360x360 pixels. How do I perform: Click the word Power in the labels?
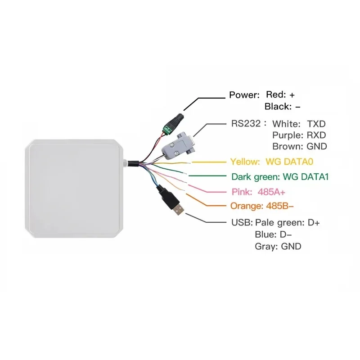[x=244, y=95]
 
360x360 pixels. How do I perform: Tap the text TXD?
[x=316, y=123]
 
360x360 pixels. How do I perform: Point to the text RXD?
[x=316, y=135]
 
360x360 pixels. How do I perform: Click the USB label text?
[x=242, y=223]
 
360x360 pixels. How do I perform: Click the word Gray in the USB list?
[x=265, y=246]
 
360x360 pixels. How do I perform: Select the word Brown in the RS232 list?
[x=287, y=146]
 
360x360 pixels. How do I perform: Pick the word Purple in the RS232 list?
[x=287, y=135]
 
